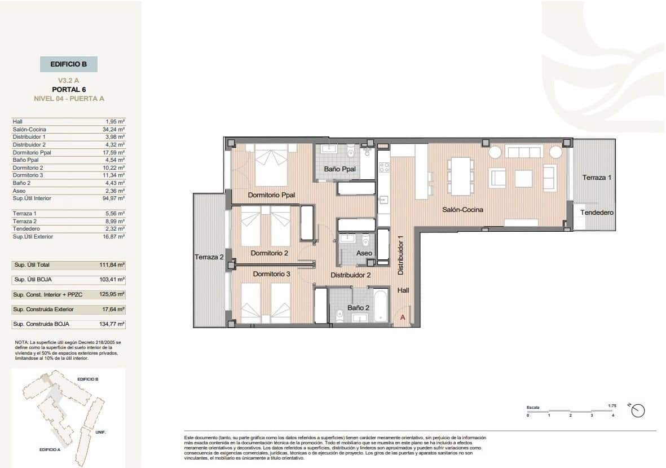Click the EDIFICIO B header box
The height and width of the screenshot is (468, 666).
[69, 64]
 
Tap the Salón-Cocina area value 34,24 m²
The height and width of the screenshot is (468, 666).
[114, 129]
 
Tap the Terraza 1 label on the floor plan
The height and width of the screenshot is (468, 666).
[597, 178]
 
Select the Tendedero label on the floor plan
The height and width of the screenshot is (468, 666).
[597, 213]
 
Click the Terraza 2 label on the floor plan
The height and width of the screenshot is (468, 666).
[209, 257]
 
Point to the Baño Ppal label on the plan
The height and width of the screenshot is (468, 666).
[339, 169]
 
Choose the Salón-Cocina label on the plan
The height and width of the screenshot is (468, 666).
[462, 209]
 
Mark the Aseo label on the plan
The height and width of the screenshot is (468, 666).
[364, 254]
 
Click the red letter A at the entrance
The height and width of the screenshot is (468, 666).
[403, 317]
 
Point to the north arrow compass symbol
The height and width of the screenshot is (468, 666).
[638, 411]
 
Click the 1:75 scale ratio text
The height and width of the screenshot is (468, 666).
[612, 405]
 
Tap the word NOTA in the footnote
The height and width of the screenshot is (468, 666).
[21, 342]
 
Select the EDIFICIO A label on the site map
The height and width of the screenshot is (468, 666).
[50, 449]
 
